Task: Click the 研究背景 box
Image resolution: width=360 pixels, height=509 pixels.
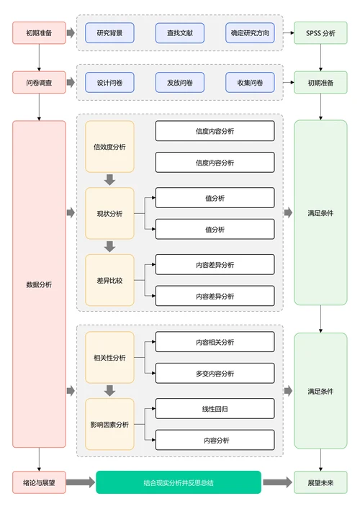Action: click(x=109, y=33)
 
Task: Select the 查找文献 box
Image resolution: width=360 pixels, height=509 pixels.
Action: click(x=179, y=33)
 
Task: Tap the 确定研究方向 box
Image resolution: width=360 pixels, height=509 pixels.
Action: click(x=250, y=33)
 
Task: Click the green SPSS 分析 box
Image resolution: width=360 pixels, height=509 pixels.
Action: click(x=320, y=33)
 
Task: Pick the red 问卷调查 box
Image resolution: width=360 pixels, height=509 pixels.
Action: click(x=39, y=83)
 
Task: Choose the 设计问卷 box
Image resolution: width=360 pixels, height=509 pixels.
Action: click(x=109, y=83)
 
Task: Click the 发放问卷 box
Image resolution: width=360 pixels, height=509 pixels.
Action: click(x=179, y=83)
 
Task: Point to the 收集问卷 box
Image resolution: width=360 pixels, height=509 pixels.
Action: click(x=250, y=83)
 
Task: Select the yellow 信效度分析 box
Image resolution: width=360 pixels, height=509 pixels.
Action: click(x=109, y=147)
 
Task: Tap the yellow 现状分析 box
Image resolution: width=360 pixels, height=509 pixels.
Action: click(x=109, y=213)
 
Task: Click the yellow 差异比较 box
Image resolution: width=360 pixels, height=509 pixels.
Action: click(x=109, y=280)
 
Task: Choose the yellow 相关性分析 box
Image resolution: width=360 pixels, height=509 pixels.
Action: click(x=109, y=357)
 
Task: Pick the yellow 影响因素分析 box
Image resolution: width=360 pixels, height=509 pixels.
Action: click(x=109, y=424)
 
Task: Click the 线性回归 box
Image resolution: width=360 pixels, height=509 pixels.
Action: click(x=215, y=408)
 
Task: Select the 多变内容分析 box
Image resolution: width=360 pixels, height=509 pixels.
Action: click(x=215, y=373)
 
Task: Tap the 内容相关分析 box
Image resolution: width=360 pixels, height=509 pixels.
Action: click(x=215, y=342)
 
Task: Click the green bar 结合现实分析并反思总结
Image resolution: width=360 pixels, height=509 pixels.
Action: click(x=179, y=482)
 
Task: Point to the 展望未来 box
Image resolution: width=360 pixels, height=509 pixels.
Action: click(x=320, y=482)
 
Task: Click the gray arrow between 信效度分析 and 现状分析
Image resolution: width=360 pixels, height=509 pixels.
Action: click(x=109, y=180)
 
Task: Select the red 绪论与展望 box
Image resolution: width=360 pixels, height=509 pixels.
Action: click(x=39, y=482)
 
